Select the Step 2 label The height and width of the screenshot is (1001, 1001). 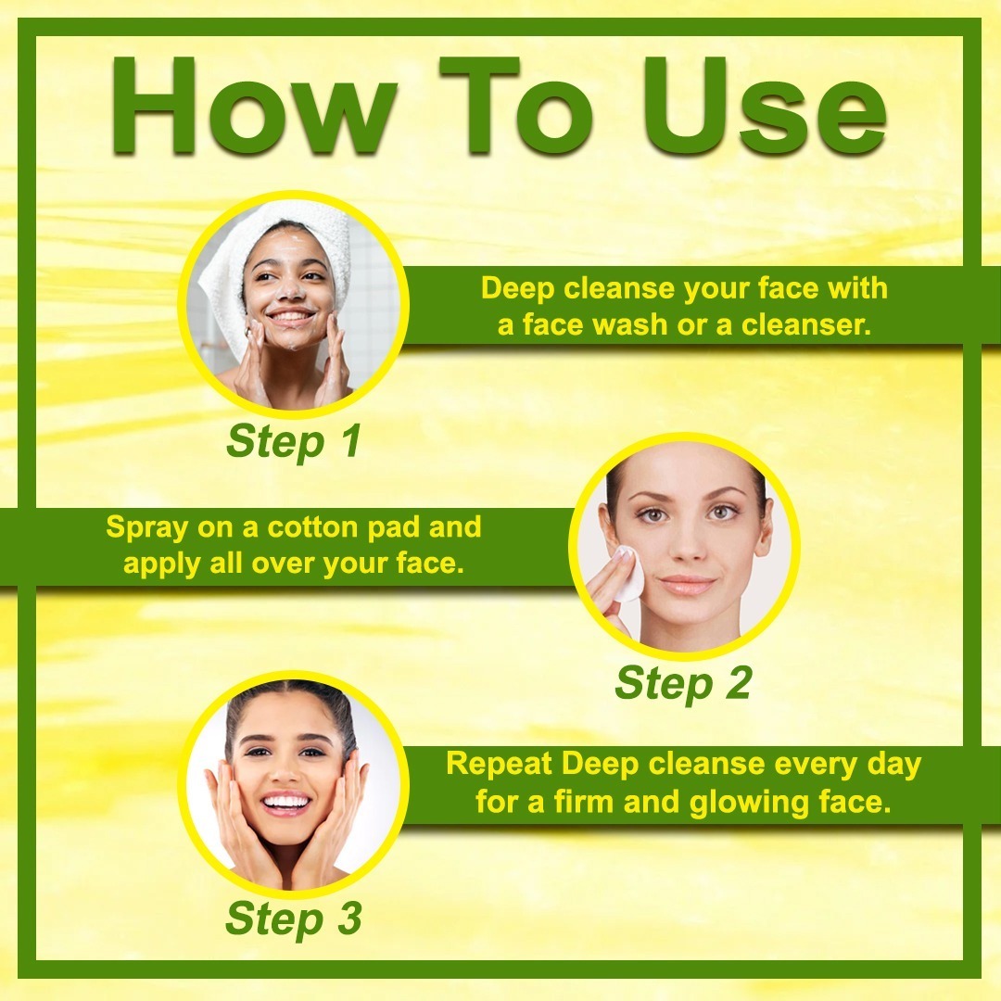[683, 683]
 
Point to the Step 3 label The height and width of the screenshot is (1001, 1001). [294, 919]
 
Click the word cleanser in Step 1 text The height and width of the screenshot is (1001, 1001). [806, 325]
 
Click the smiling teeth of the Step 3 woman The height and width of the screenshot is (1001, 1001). [286, 801]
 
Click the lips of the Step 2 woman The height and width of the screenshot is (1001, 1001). [686, 584]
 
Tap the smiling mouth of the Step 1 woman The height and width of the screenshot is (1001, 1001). [290, 317]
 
